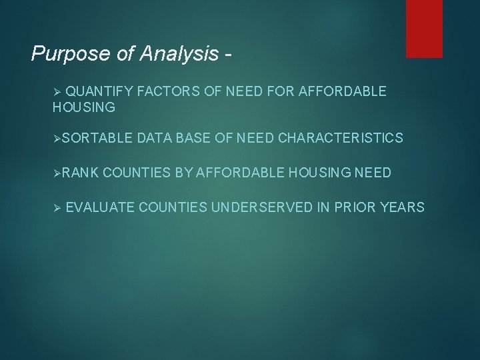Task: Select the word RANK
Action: coord(81,173)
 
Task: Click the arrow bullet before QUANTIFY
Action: coord(57,91)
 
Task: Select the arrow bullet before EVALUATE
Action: coord(57,207)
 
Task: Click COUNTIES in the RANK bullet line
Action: coord(137,173)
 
